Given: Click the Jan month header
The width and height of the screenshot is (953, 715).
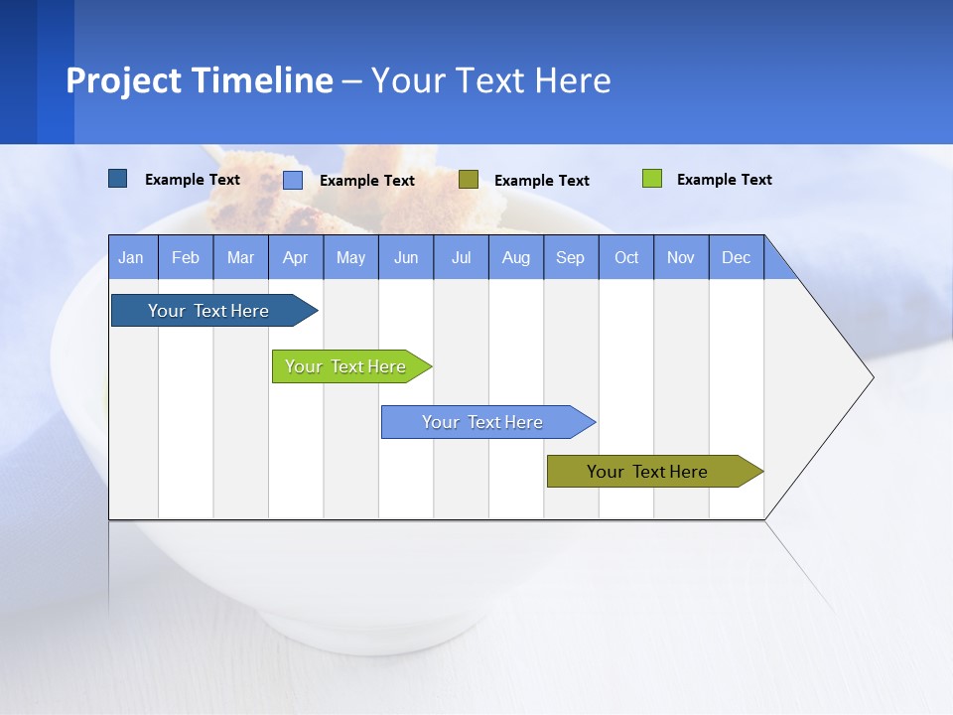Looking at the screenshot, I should pos(131,257).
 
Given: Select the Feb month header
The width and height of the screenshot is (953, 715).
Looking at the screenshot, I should pos(186,257).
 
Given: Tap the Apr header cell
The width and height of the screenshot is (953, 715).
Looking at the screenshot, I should pos(295,257).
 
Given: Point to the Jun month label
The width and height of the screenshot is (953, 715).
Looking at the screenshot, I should pos(406,257).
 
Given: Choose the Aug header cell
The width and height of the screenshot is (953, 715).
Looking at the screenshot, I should pos(515,257).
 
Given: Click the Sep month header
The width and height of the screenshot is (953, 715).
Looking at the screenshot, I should pos(570,257).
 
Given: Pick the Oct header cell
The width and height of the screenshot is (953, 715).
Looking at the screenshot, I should pos(626,257).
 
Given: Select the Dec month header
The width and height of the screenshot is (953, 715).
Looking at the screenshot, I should pos(736,257).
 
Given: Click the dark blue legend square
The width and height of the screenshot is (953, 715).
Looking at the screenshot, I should pos(117,179).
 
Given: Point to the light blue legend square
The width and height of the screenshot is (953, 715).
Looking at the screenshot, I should pos(293,180).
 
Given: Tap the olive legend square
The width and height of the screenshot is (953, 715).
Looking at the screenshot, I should pos(469,179).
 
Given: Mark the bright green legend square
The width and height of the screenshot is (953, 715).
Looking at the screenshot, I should pos(651,179).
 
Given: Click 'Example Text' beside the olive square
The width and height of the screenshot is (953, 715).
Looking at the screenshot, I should pos(541,181).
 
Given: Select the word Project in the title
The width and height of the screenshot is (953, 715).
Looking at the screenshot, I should pos(122,81).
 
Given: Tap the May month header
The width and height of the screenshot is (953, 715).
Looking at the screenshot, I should pos(350,257).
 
